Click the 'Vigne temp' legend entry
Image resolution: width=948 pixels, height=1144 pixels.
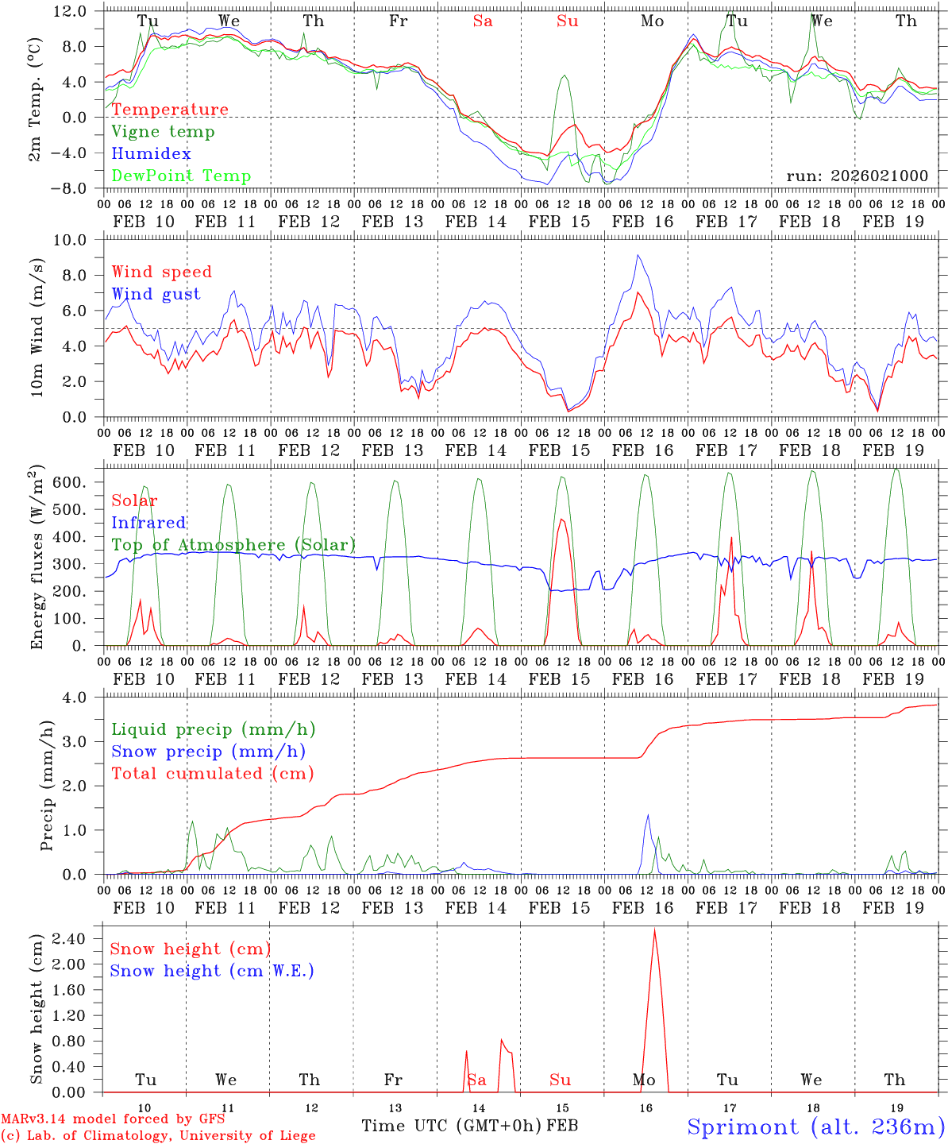coord(163,132)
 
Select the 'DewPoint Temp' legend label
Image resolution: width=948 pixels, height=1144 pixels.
coord(181,176)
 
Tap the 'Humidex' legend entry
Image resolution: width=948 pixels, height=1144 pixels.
coord(151,154)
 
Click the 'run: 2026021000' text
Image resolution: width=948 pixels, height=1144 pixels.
coord(857,176)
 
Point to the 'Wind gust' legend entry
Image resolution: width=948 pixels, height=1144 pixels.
coord(156,295)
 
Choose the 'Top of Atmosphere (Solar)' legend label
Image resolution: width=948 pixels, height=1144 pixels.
coord(233,545)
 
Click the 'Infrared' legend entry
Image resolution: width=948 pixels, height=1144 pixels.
coord(148,523)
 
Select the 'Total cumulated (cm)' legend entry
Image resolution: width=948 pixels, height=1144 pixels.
coord(212,774)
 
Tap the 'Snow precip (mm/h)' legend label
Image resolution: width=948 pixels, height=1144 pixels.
coord(208,752)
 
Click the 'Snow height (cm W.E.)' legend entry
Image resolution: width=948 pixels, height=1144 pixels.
coord(212,971)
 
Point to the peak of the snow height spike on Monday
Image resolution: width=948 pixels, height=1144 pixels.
coord(654,929)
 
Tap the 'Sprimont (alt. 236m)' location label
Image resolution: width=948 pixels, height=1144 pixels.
coord(815,1127)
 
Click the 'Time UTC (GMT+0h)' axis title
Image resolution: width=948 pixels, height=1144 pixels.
coord(452,1126)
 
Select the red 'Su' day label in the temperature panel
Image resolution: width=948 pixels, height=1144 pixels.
coord(567,21)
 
